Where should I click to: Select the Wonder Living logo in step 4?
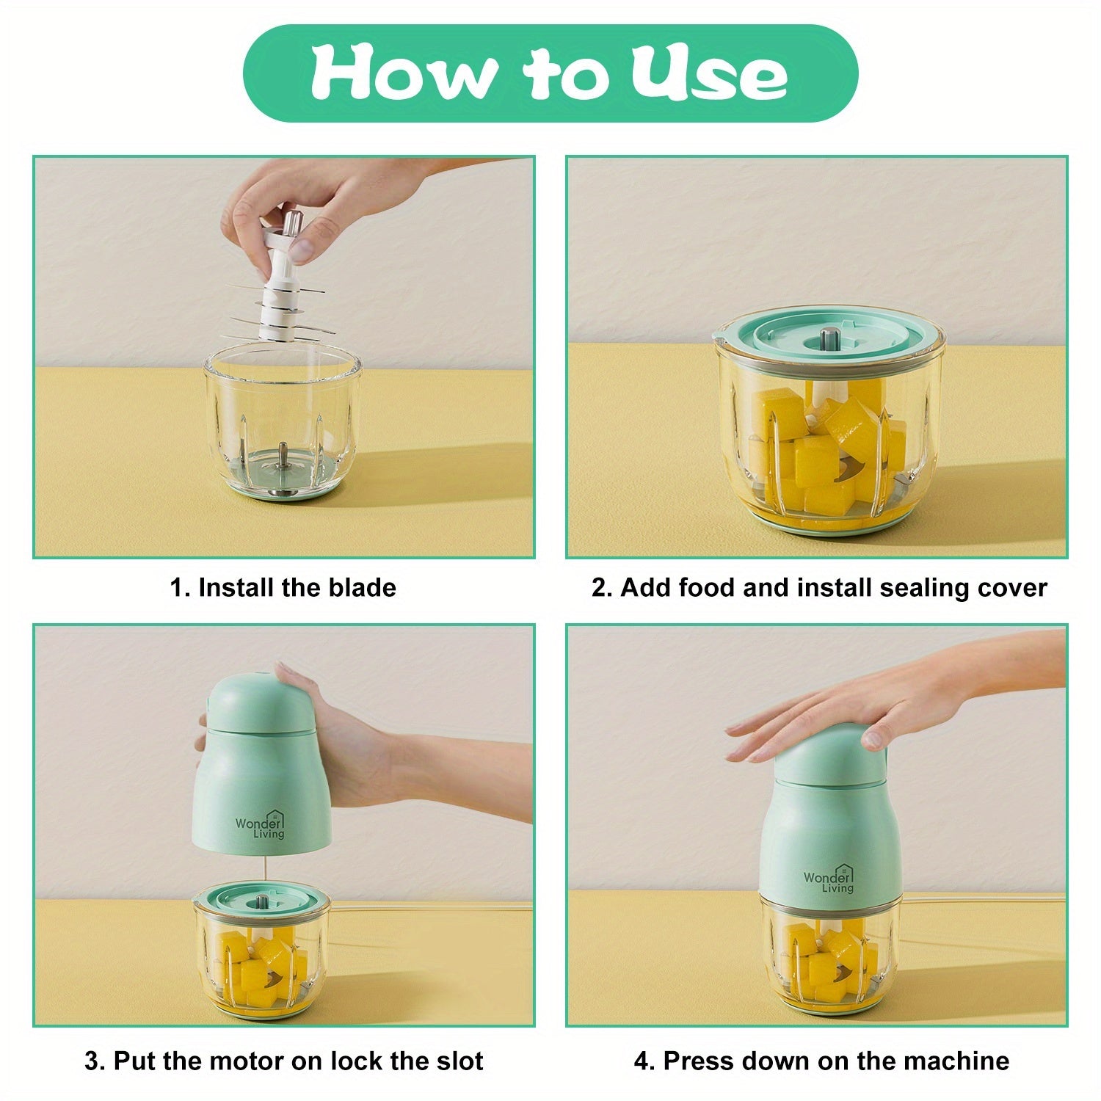829,879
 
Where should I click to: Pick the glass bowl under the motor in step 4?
829,954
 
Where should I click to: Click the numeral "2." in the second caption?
601,589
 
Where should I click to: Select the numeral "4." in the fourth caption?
644,1061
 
